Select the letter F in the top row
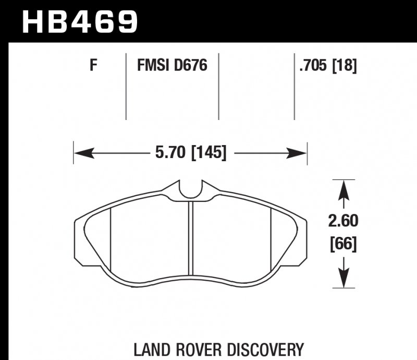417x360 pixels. coord(94,66)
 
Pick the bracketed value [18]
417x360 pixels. coord(345,66)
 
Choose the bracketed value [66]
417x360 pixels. coord(343,244)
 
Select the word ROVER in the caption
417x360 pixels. coord(195,349)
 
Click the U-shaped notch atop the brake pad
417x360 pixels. coord(190,189)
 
